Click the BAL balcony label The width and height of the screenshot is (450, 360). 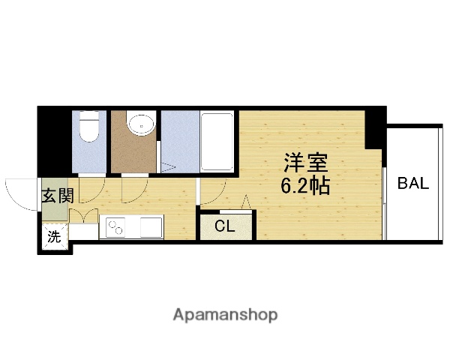(413, 184)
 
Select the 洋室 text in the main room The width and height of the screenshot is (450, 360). (305, 163)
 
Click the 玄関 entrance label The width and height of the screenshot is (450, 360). (56, 196)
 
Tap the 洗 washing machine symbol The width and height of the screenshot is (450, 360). (54, 237)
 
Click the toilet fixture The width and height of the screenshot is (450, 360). (89, 127)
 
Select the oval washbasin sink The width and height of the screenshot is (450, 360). (139, 124)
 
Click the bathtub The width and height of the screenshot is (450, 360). (218, 140)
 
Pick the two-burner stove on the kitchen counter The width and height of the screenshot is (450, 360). (117, 226)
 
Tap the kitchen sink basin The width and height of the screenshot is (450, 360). (151, 226)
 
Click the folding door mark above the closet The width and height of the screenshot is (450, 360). (245, 202)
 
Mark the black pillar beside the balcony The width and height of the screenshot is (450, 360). (375, 126)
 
